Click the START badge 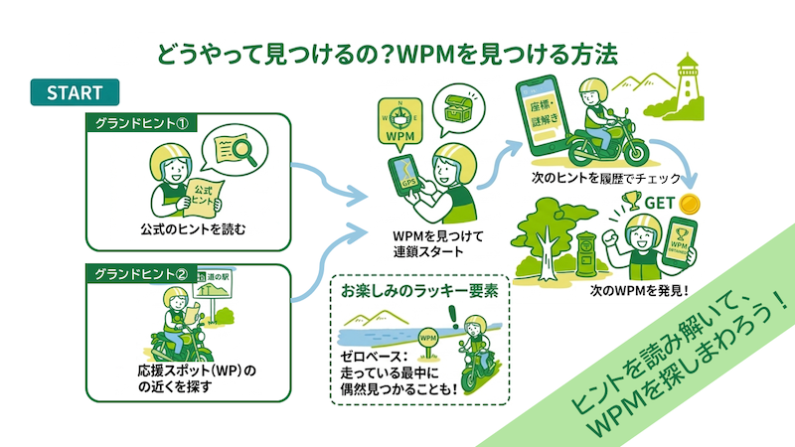pos(75,92)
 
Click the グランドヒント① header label pos(139,123)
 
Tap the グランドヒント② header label pos(139,273)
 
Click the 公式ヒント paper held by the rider pos(204,190)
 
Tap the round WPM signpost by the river pos(428,338)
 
